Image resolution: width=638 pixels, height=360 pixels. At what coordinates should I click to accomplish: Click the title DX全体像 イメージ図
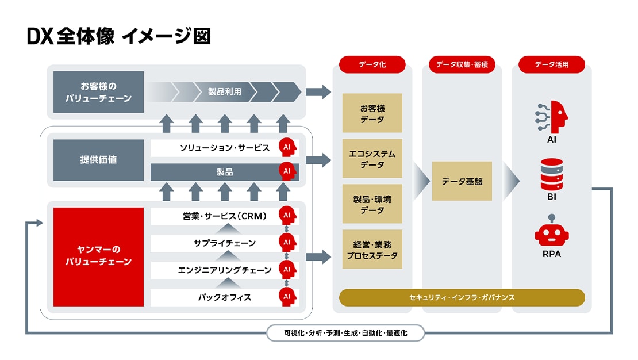(118, 36)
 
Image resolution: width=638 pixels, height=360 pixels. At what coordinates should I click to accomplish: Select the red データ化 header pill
(372, 64)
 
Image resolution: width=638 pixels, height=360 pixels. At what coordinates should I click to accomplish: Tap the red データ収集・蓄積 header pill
(462, 64)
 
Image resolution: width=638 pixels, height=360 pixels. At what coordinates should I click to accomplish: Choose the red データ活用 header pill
(551, 64)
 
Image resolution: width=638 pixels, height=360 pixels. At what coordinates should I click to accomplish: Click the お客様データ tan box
(372, 113)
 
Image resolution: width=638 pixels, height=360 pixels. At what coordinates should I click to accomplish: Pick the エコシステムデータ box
(372, 159)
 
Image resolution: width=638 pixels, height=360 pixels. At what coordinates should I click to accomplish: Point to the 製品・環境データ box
(372, 204)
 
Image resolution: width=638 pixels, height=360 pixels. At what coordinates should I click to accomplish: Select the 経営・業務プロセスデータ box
(372, 250)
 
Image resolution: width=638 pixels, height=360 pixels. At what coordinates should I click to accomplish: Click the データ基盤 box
(462, 181)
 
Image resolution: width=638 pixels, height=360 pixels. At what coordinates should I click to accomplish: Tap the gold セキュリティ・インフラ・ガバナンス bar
(462, 297)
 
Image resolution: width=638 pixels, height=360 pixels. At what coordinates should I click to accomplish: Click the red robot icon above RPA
(551, 231)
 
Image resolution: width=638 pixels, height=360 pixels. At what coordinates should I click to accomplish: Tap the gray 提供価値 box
(98, 159)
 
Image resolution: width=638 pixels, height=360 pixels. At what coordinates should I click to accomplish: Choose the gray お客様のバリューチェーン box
(98, 92)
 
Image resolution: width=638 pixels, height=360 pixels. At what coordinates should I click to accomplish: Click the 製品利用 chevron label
(225, 91)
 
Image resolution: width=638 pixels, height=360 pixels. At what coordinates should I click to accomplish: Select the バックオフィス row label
(225, 297)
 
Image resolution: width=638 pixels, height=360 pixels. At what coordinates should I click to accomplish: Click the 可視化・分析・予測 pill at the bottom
(345, 332)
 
